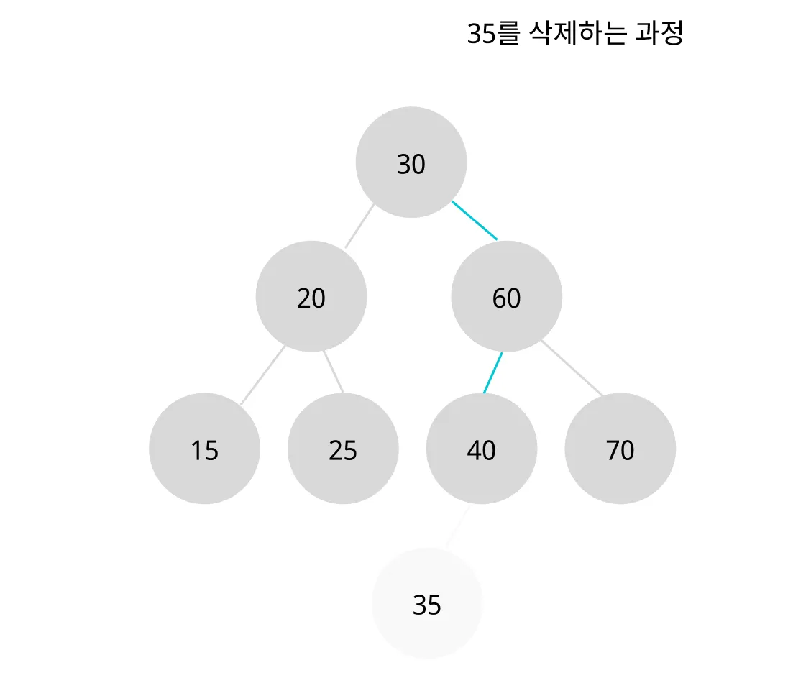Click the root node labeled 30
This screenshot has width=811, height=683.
(x=411, y=162)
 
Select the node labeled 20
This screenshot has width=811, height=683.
(x=311, y=296)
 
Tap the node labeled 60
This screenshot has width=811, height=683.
(x=507, y=296)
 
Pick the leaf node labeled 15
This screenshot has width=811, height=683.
(x=205, y=449)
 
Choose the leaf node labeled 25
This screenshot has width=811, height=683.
(x=343, y=449)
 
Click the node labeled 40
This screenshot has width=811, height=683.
(x=482, y=449)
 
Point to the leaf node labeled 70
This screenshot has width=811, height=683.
(x=620, y=449)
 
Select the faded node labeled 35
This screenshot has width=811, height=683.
(x=427, y=603)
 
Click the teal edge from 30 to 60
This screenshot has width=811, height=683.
(x=475, y=221)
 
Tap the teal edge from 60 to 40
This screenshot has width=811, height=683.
(x=492, y=373)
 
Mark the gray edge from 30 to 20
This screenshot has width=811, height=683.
(x=359, y=226)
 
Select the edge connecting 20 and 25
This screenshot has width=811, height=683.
(x=333, y=372)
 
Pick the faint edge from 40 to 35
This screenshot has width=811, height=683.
(x=458, y=527)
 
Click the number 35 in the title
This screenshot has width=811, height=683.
(x=482, y=34)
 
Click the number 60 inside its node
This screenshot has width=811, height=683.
(x=506, y=298)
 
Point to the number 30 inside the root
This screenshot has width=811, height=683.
(x=411, y=165)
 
